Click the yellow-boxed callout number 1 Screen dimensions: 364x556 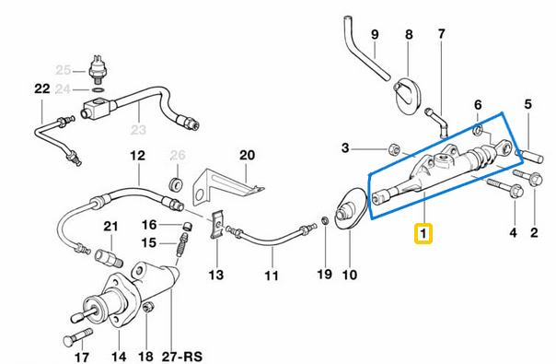coord(423,234)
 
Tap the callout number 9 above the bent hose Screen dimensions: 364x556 coord(375,36)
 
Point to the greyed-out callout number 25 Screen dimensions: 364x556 coord(64,70)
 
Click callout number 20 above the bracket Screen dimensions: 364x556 coord(246,155)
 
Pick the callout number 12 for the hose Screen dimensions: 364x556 coord(137,155)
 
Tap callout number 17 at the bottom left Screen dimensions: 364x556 coord(82,357)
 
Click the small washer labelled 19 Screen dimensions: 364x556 coord(324,221)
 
